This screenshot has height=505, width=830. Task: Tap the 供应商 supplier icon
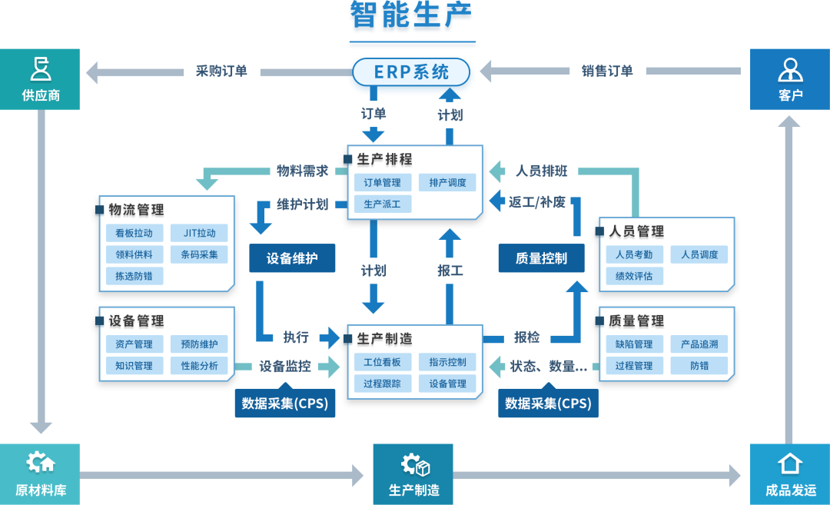coord(40,68)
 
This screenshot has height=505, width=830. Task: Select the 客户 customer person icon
coord(790,69)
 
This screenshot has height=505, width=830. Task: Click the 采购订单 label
coord(221,71)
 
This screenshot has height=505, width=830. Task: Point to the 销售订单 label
coord(607,71)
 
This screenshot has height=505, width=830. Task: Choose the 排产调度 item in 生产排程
coord(447,183)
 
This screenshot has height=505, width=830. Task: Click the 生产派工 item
coord(382,204)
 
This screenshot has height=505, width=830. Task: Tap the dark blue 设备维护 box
coord(292,258)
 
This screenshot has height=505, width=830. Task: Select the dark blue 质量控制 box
coord(541,258)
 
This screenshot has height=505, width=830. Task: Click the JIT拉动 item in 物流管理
coord(199,233)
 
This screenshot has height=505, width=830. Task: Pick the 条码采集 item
coord(199,254)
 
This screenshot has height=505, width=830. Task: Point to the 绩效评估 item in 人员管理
coord(634,276)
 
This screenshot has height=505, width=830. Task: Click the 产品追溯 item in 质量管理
coord(699,344)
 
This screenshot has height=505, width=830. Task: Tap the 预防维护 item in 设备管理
coord(199,344)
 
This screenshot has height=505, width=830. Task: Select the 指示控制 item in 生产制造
coord(447,362)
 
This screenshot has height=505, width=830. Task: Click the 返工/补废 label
coord(537,202)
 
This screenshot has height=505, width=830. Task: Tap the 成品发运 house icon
coord(790,463)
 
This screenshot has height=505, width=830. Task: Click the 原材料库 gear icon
coord(40,463)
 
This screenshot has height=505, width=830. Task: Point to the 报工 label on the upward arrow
coord(450,271)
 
